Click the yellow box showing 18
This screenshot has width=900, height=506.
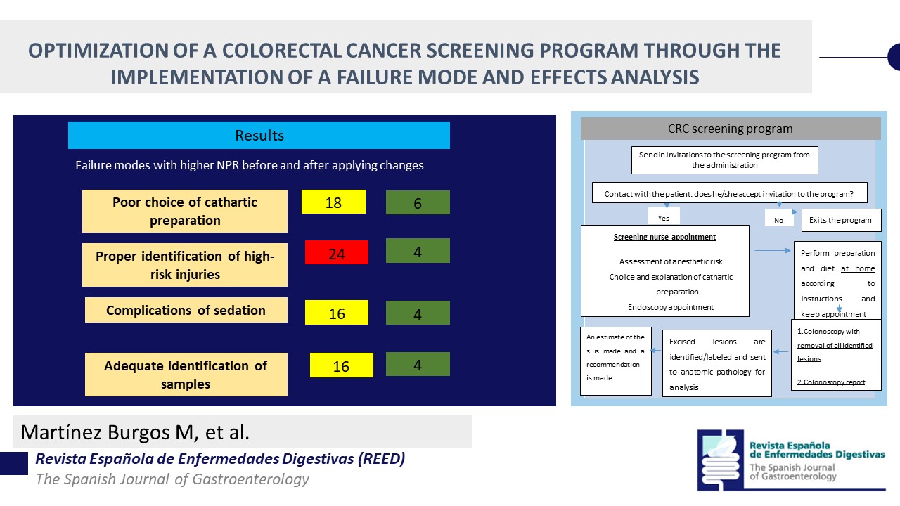(x=333, y=202)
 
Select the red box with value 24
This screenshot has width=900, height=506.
(x=336, y=253)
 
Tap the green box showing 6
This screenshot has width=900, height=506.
(x=418, y=202)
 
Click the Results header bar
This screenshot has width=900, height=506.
(x=259, y=135)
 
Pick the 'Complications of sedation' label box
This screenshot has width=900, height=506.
(x=186, y=310)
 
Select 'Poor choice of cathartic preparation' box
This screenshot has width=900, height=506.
(x=185, y=211)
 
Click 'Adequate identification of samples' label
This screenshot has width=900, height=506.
(x=186, y=375)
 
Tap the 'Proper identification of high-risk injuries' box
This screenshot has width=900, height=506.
(x=185, y=265)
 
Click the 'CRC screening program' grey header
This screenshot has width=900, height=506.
(x=730, y=129)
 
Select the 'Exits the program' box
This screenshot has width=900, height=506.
(x=841, y=220)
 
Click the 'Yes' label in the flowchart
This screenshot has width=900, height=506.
(x=663, y=219)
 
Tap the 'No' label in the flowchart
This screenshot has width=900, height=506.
(x=778, y=220)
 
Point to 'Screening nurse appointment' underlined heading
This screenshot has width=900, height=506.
(x=664, y=237)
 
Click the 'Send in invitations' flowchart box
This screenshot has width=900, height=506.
(x=724, y=160)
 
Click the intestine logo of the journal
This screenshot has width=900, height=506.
(x=721, y=459)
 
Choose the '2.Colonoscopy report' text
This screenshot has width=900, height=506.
(x=830, y=382)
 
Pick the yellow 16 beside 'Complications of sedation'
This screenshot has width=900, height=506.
(x=336, y=313)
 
